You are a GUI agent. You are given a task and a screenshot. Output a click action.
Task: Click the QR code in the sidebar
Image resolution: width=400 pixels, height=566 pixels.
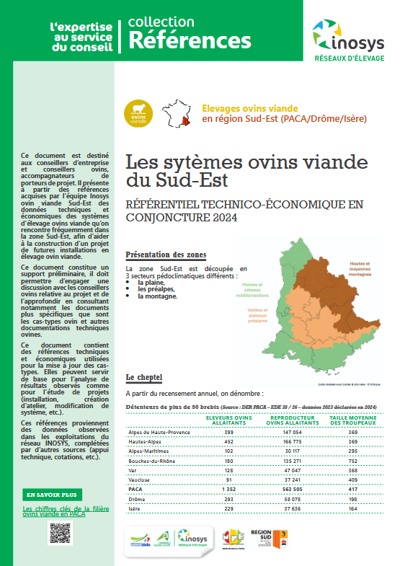tap(61, 534)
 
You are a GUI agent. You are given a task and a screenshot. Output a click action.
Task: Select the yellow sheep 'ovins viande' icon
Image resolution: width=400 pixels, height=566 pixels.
tap(138, 112)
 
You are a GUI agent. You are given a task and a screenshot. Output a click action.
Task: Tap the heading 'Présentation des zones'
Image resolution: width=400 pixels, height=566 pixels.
tap(166, 255)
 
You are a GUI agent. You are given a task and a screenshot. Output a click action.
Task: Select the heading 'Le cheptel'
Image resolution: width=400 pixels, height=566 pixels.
tap(143, 377)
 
